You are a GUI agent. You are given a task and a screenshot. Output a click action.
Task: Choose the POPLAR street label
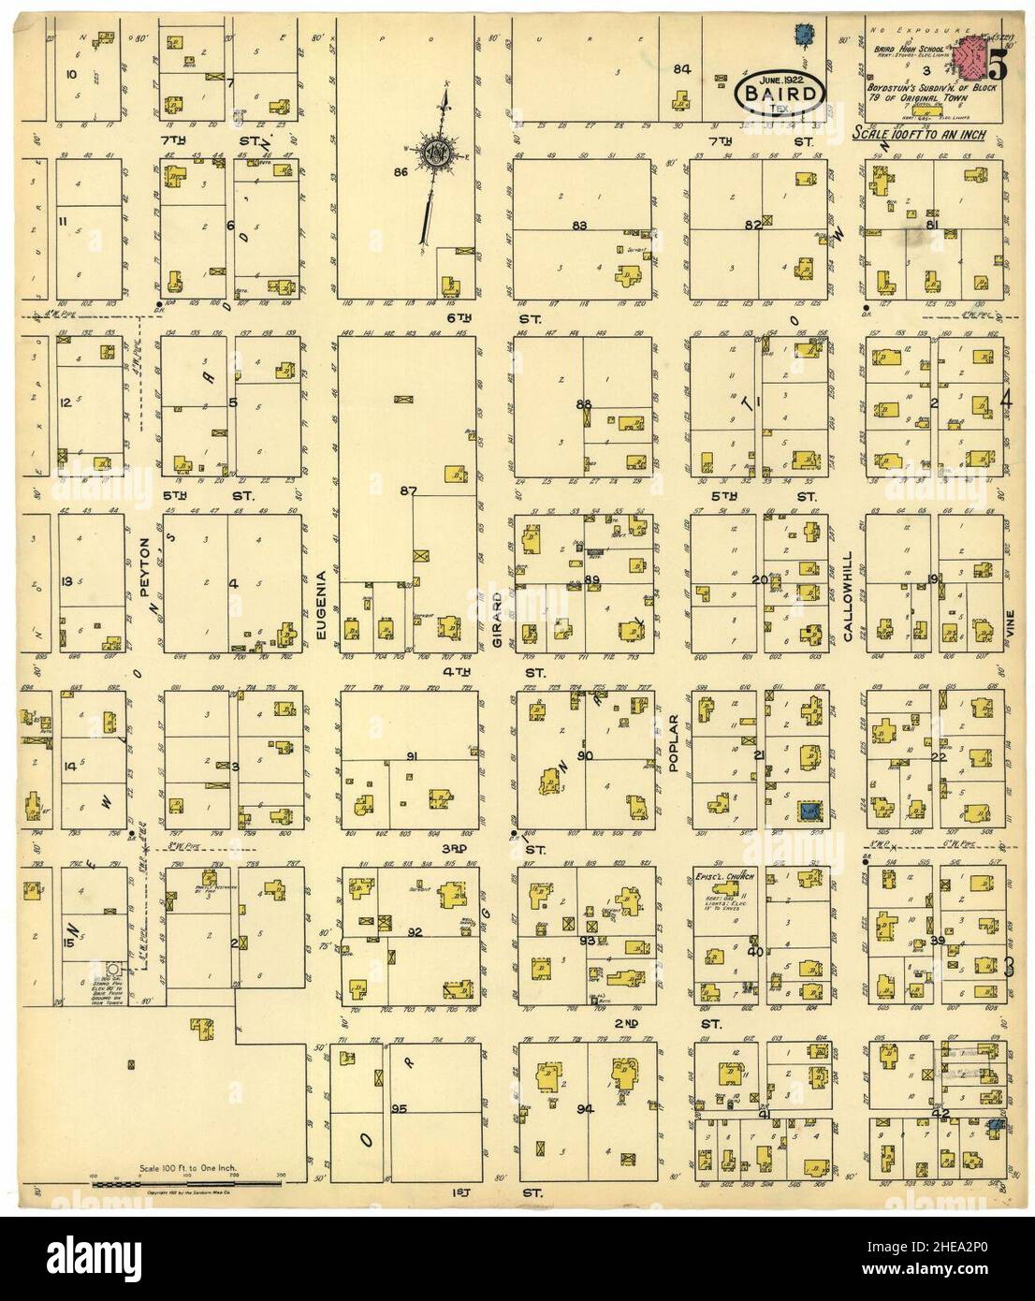[x=672, y=743]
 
